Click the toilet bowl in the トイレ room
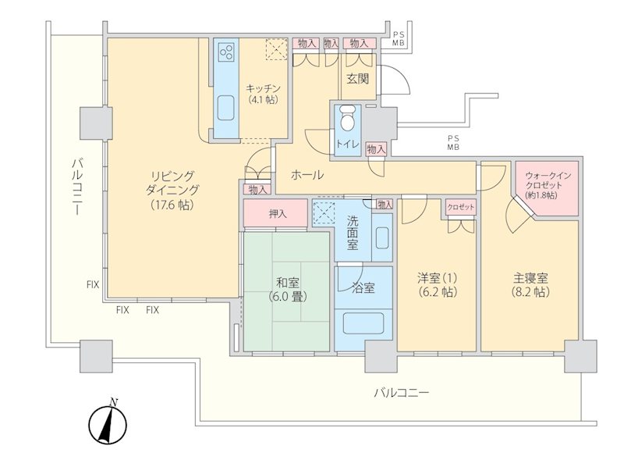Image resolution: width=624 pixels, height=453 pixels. coord(348,118)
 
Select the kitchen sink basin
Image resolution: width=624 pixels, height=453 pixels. coord(226,108)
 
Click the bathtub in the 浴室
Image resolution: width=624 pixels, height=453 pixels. coord(363,323)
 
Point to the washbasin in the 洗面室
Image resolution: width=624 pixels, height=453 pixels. coord(381,237)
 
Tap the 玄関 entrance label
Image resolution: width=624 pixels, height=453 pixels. coord(357,78)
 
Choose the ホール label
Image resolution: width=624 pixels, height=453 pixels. coord(307,174)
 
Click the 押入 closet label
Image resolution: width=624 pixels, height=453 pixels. coord(278,213)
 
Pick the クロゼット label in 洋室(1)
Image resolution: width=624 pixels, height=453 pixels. coord(460,207)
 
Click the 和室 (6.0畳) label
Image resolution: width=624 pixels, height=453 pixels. coord(287,290)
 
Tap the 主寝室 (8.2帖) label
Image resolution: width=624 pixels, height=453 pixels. coord(530,284)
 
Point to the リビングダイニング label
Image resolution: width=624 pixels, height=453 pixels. coord(172,190)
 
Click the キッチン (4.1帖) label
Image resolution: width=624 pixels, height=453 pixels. coord(263,94)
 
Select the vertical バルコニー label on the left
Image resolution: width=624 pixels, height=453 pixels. coord(77,186)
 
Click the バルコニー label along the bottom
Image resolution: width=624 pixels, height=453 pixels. coord(402,393)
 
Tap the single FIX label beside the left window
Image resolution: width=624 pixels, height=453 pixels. coord(93,285)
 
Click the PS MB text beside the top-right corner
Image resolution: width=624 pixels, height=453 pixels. coord(399,40)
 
